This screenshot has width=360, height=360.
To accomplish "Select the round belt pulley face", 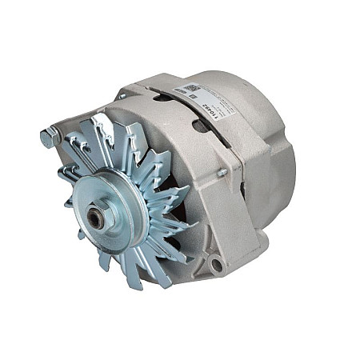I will [112, 210].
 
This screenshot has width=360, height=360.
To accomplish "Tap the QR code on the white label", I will [190, 87].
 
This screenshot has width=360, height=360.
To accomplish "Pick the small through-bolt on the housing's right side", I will [222, 172].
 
